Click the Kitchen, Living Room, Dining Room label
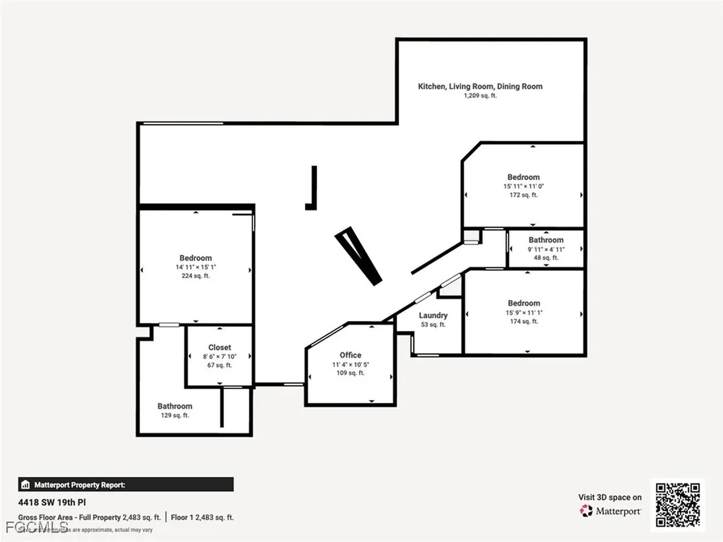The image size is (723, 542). (480, 86)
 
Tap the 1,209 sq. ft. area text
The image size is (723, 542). (480, 96)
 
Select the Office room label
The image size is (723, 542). (350, 355)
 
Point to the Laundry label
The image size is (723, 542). (433, 315)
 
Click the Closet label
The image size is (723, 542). (220, 347)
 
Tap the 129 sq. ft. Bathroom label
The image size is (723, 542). (174, 406)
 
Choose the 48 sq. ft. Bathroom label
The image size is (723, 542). (546, 240)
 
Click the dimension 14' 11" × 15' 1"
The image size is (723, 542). (196, 267)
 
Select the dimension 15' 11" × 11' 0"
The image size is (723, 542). (523, 186)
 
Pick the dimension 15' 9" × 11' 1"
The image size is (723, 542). (524, 313)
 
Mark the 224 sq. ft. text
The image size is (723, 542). (196, 276)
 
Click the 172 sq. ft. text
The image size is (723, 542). (523, 195)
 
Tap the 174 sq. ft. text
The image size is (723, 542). (524, 321)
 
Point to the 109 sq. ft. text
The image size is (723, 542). (350, 373)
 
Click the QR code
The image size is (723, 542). (678, 505)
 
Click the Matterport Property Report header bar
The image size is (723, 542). (126, 484)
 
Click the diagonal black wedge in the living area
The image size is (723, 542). (359, 255)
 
